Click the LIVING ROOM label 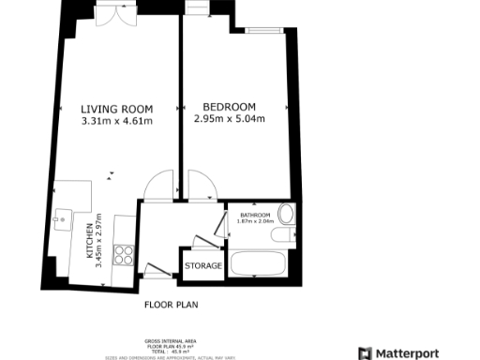click(x=116, y=108)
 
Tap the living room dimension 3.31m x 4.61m click(x=116, y=120)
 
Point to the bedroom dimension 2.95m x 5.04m click(x=230, y=119)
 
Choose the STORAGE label click(x=203, y=266)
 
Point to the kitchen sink click(x=62, y=221)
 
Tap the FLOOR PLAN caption click(x=171, y=305)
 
